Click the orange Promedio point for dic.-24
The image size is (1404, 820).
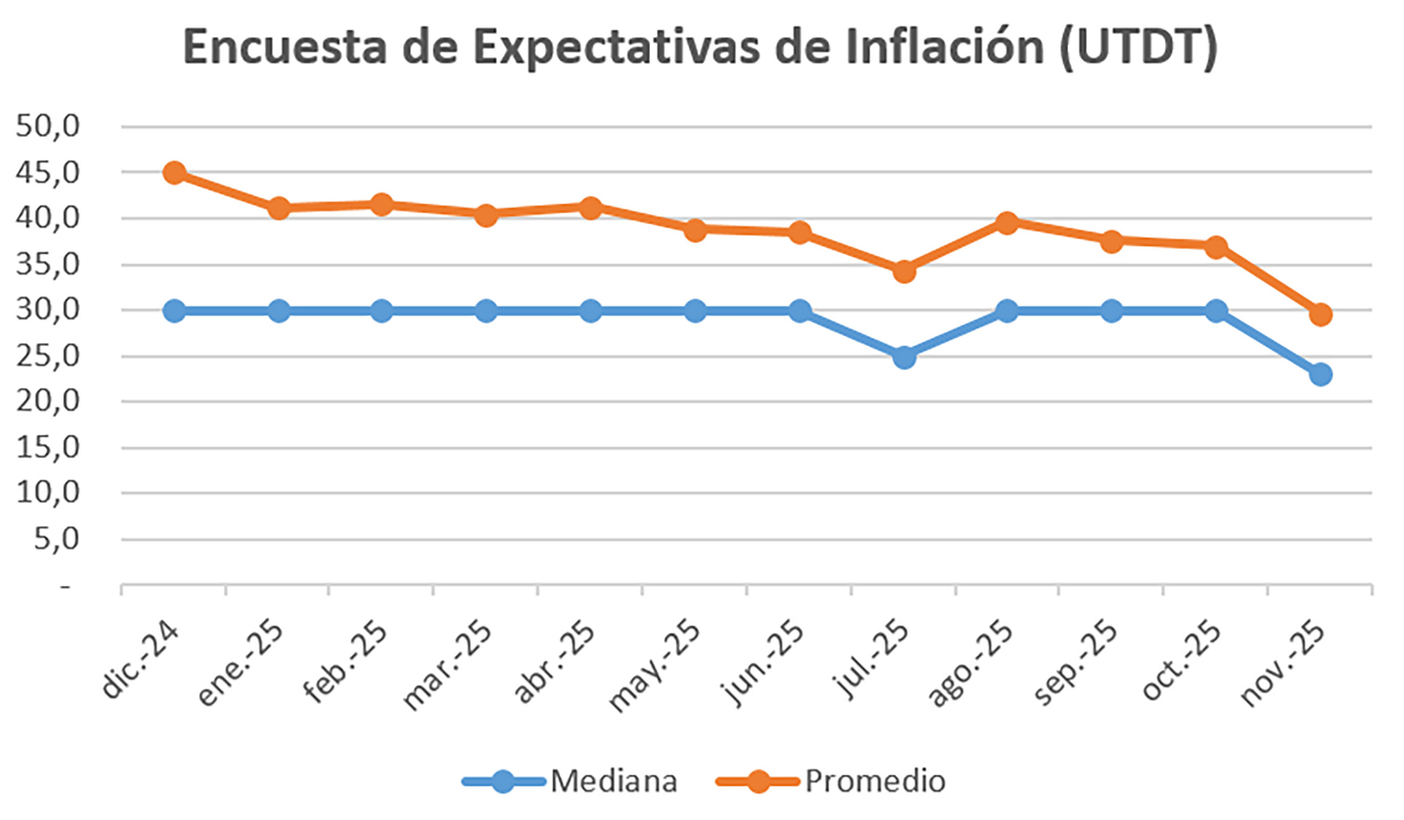[174, 173]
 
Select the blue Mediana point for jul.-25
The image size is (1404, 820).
[904, 357]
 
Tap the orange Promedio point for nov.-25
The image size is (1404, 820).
[1321, 315]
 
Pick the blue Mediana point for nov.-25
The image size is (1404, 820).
[1321, 375]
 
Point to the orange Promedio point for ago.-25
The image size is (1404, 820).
[1007, 222]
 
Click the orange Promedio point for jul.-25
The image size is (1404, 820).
[904, 271]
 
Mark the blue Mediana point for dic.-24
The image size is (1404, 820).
[174, 310]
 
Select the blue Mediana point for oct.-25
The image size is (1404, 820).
[1216, 310]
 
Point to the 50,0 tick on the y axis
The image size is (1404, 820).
[48, 126]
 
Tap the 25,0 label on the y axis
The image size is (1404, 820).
[48, 356]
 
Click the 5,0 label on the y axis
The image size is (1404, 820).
[56, 539]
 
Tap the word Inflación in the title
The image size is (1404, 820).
[944, 47]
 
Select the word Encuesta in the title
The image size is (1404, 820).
[284, 47]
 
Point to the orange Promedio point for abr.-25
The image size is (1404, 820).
[590, 208]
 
